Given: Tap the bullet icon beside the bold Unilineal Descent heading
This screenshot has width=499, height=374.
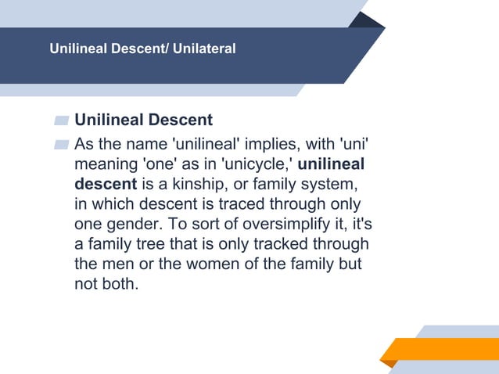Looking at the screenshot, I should [62, 120].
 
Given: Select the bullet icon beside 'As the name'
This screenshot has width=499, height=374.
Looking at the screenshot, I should [62, 145].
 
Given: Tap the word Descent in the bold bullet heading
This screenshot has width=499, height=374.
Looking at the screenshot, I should [181, 120].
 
